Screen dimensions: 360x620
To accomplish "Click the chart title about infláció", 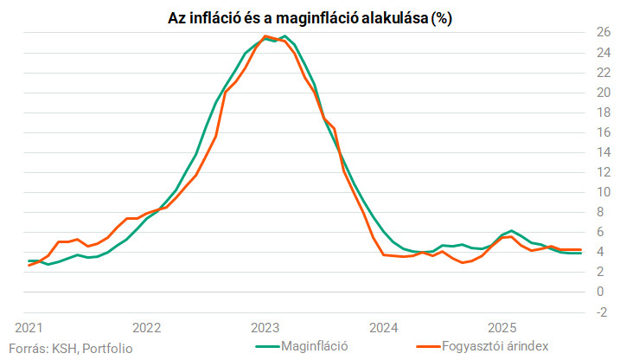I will [x=310, y=17].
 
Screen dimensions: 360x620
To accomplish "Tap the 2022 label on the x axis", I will [x=146, y=328].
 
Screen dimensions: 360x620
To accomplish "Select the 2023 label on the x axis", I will [x=265, y=328].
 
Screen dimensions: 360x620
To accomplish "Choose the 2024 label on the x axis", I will [x=383, y=328].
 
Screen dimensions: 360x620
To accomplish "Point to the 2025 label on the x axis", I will [x=502, y=328].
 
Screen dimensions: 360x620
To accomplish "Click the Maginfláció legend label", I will [x=314, y=346].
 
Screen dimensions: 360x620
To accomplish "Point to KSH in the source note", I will [x=61, y=348].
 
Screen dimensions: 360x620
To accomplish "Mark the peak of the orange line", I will [x=265, y=36].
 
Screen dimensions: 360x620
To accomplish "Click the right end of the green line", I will [x=579, y=253].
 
